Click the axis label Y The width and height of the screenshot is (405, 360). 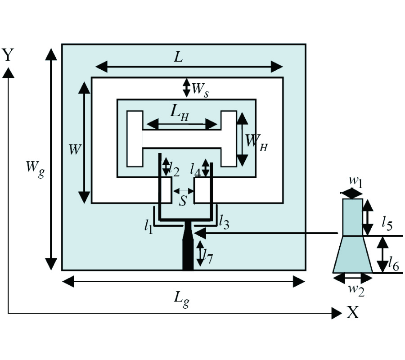[8, 55]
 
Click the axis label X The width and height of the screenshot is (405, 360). [353, 312]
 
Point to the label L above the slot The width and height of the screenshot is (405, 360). [179, 57]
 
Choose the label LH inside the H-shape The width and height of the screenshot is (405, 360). [179, 114]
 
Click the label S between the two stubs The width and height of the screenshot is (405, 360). [183, 201]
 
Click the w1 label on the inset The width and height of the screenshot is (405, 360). [355, 182]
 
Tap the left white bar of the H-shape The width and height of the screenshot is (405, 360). [135, 138]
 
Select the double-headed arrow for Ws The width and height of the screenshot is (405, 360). [186, 87]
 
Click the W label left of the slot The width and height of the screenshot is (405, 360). [74, 149]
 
